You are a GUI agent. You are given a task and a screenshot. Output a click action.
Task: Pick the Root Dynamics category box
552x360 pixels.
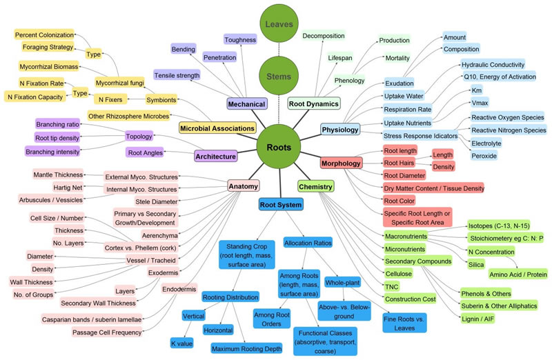click(313, 104)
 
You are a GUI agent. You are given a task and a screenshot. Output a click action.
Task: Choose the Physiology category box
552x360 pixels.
click(340, 129)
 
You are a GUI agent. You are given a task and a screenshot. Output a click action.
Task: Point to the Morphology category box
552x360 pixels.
click(342, 163)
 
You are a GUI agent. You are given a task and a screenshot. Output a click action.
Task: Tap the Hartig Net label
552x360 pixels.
click(68, 187)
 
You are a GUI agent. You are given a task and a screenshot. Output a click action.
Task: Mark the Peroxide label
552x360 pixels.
click(484, 156)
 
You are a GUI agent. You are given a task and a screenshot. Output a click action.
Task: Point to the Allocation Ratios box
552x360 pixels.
click(308, 243)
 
